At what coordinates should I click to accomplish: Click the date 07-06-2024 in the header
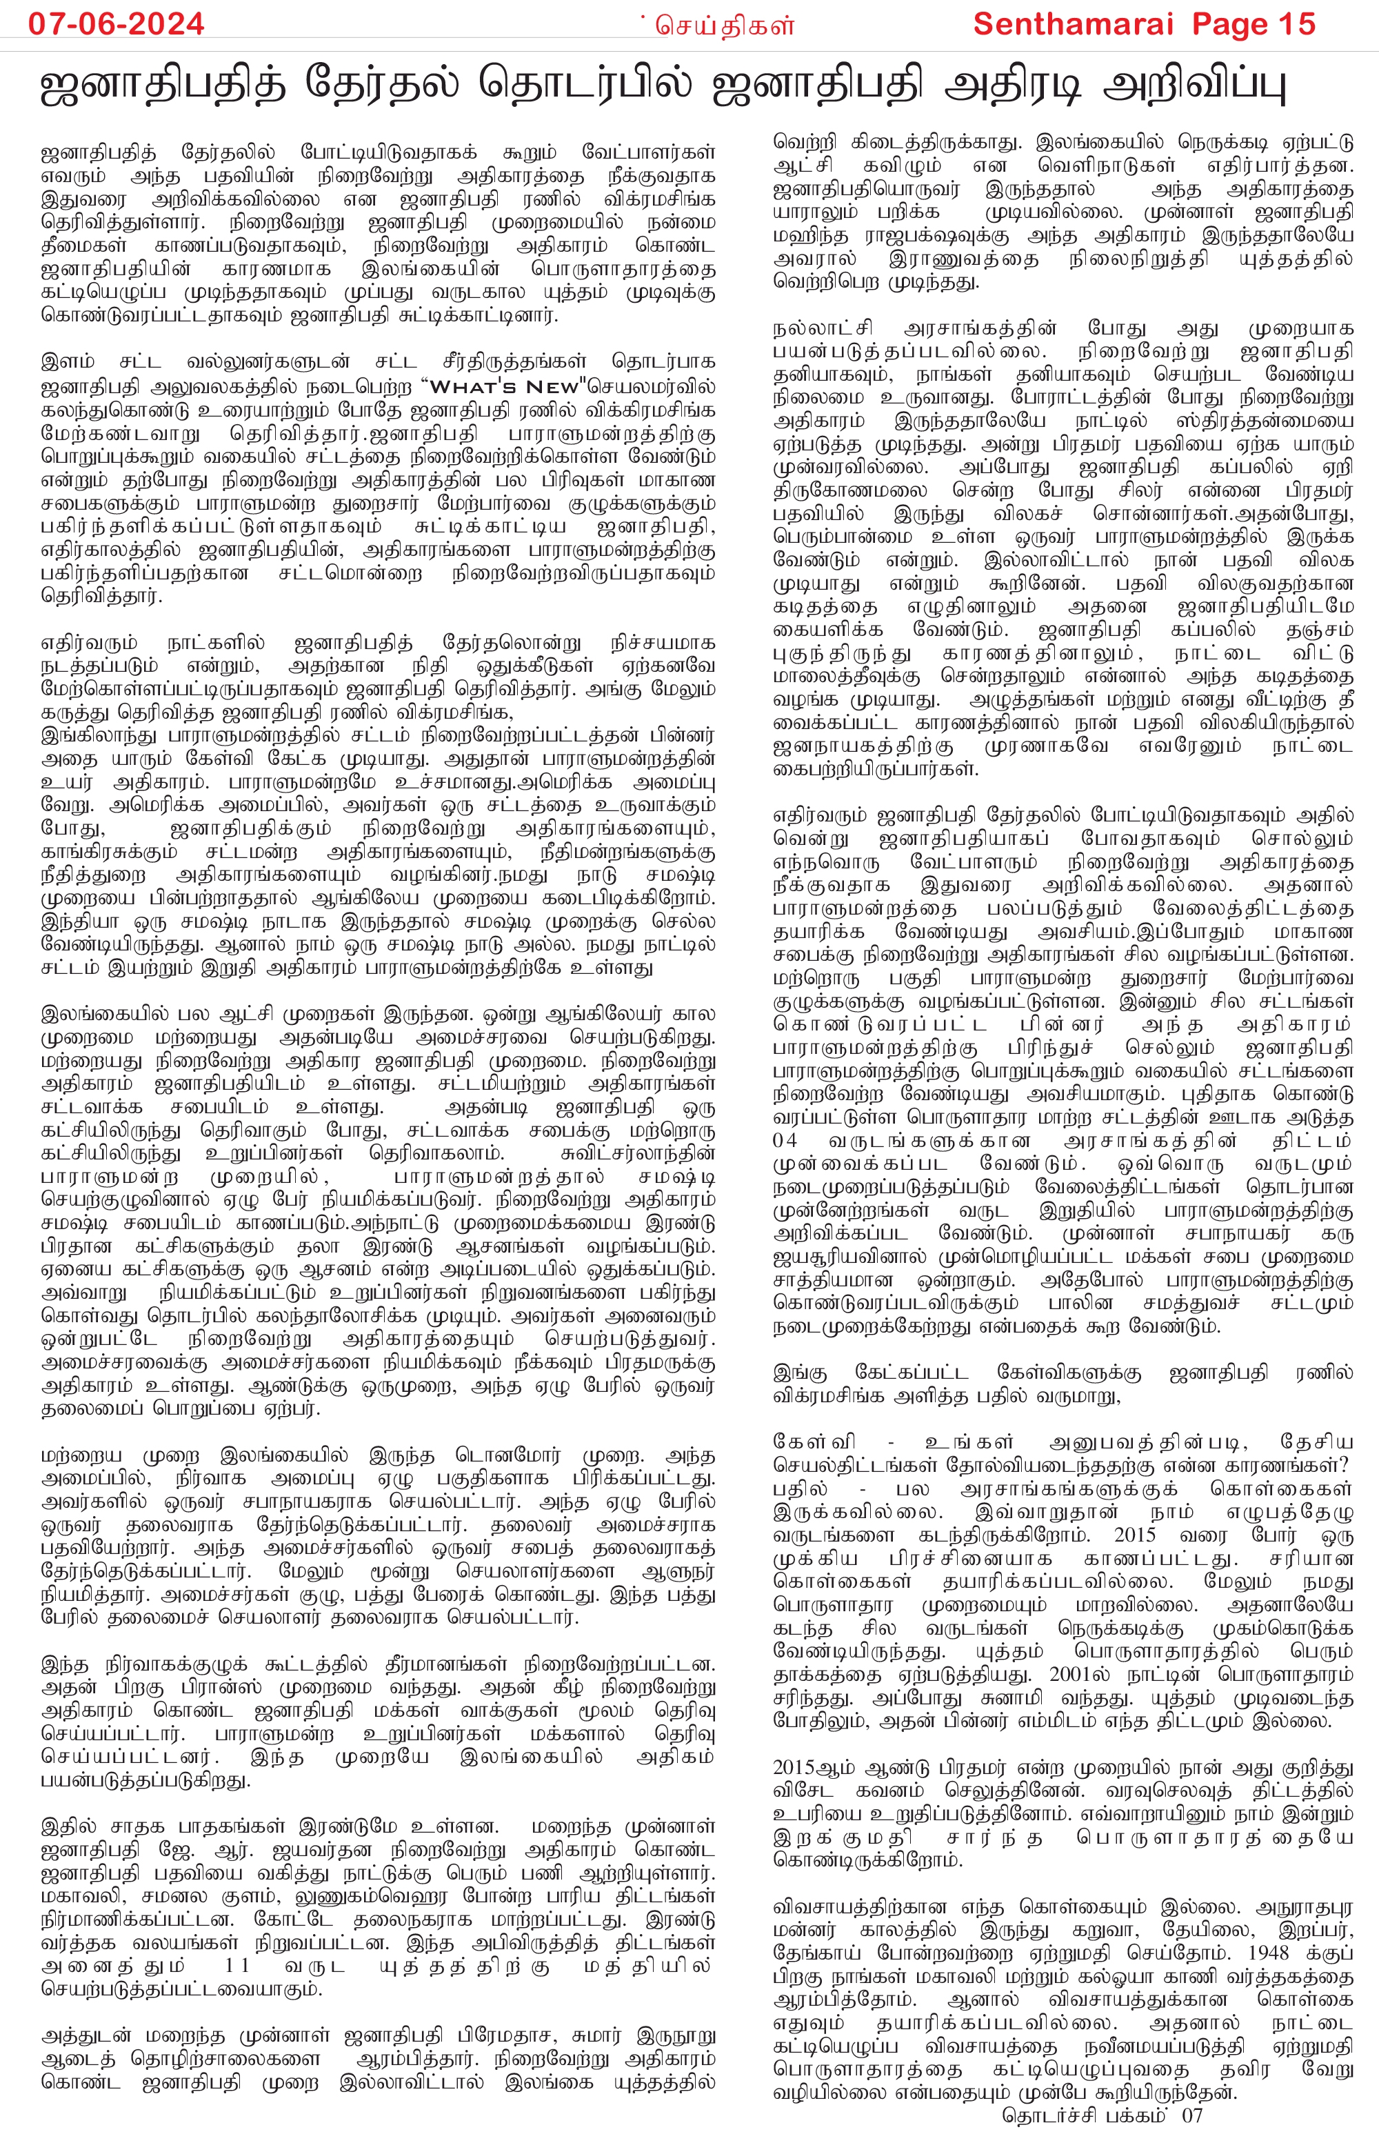click(x=117, y=23)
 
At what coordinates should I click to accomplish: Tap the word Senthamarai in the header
click(x=1073, y=23)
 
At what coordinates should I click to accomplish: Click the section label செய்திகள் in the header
click(x=725, y=26)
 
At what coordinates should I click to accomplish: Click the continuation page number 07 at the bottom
click(x=1192, y=2117)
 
